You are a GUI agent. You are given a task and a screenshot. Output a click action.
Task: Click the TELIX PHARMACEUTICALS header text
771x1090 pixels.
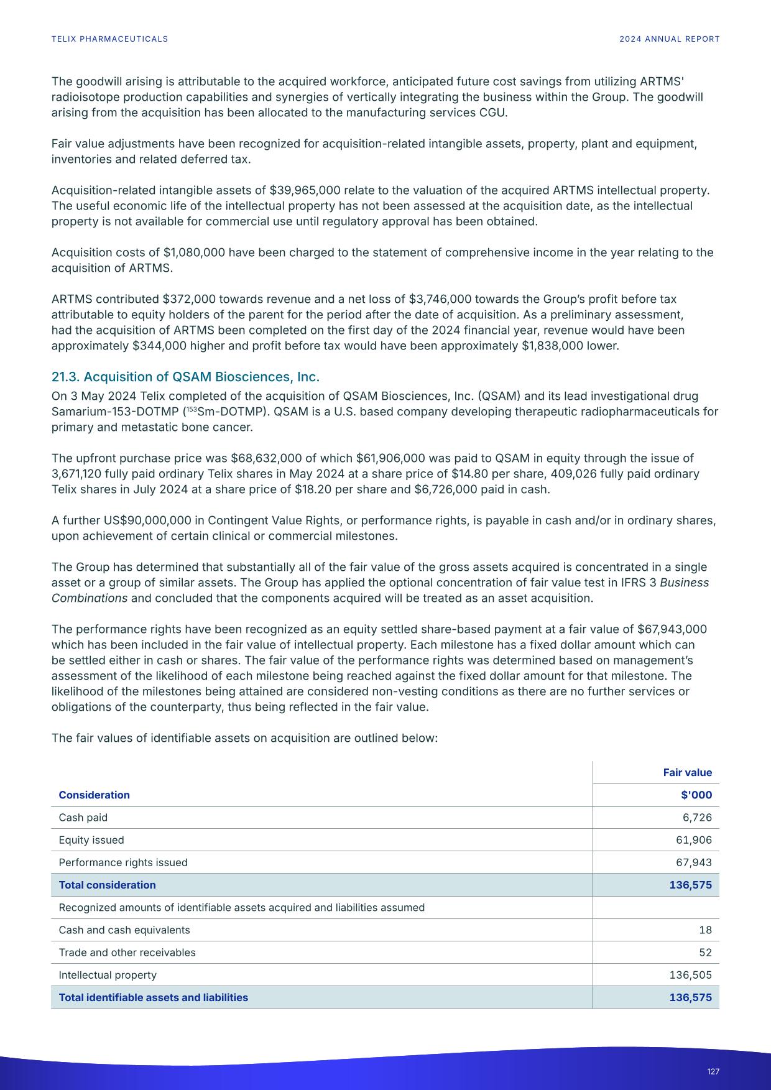(x=109, y=39)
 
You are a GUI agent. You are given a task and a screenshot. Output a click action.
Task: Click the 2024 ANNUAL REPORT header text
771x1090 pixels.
(x=669, y=39)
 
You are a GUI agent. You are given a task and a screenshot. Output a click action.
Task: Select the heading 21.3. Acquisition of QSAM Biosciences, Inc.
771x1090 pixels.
(x=185, y=377)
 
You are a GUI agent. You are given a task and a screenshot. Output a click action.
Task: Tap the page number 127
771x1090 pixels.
(x=713, y=1071)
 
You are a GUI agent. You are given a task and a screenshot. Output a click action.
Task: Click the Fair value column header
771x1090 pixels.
(x=687, y=772)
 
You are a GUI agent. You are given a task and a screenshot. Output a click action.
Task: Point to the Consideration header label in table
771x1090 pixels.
(x=94, y=795)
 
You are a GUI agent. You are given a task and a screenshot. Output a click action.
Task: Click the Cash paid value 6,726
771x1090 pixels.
(x=697, y=817)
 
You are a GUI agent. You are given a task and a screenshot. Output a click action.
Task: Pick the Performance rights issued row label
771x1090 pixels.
(x=122, y=862)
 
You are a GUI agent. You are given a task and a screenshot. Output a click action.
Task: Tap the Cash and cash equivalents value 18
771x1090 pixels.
(x=705, y=930)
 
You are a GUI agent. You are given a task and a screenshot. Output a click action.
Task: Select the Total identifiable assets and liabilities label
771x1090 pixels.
(x=153, y=997)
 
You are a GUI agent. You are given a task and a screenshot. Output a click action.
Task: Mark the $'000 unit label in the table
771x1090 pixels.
(x=696, y=795)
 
